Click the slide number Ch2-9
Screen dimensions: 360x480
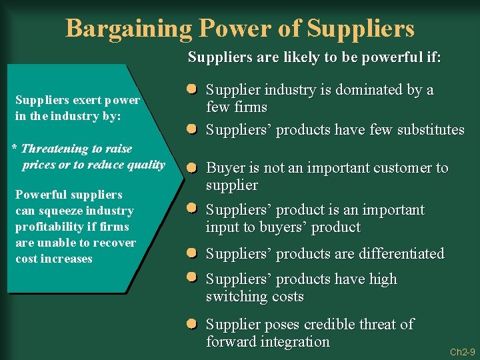pos(462,351)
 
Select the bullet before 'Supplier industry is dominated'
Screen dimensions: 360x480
pos(191,89)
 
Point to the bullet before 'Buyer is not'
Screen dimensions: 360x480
pos(191,167)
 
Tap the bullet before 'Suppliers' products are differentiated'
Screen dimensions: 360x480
pos(191,253)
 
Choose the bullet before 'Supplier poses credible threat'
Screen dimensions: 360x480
pos(191,323)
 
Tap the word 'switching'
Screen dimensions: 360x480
pos(234,297)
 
